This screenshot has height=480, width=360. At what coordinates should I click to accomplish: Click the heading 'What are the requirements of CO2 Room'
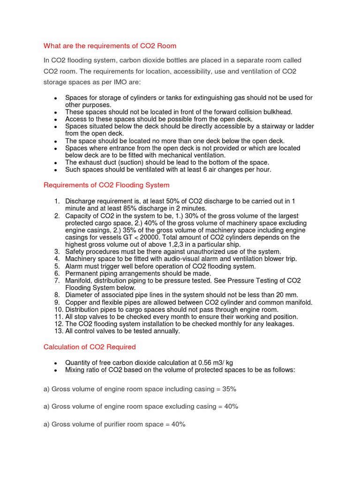tap(110, 46)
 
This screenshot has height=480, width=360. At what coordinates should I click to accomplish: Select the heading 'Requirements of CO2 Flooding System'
tap(106, 185)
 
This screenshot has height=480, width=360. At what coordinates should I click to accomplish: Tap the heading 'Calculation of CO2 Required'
tap(90, 347)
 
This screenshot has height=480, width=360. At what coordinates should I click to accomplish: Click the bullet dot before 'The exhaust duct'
tap(55, 163)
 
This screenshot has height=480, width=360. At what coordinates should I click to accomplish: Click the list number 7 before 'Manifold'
tap(57, 280)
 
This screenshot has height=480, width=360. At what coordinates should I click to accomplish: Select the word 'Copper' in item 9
tap(76, 302)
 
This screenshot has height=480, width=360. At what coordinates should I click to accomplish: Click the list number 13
tap(58, 331)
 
